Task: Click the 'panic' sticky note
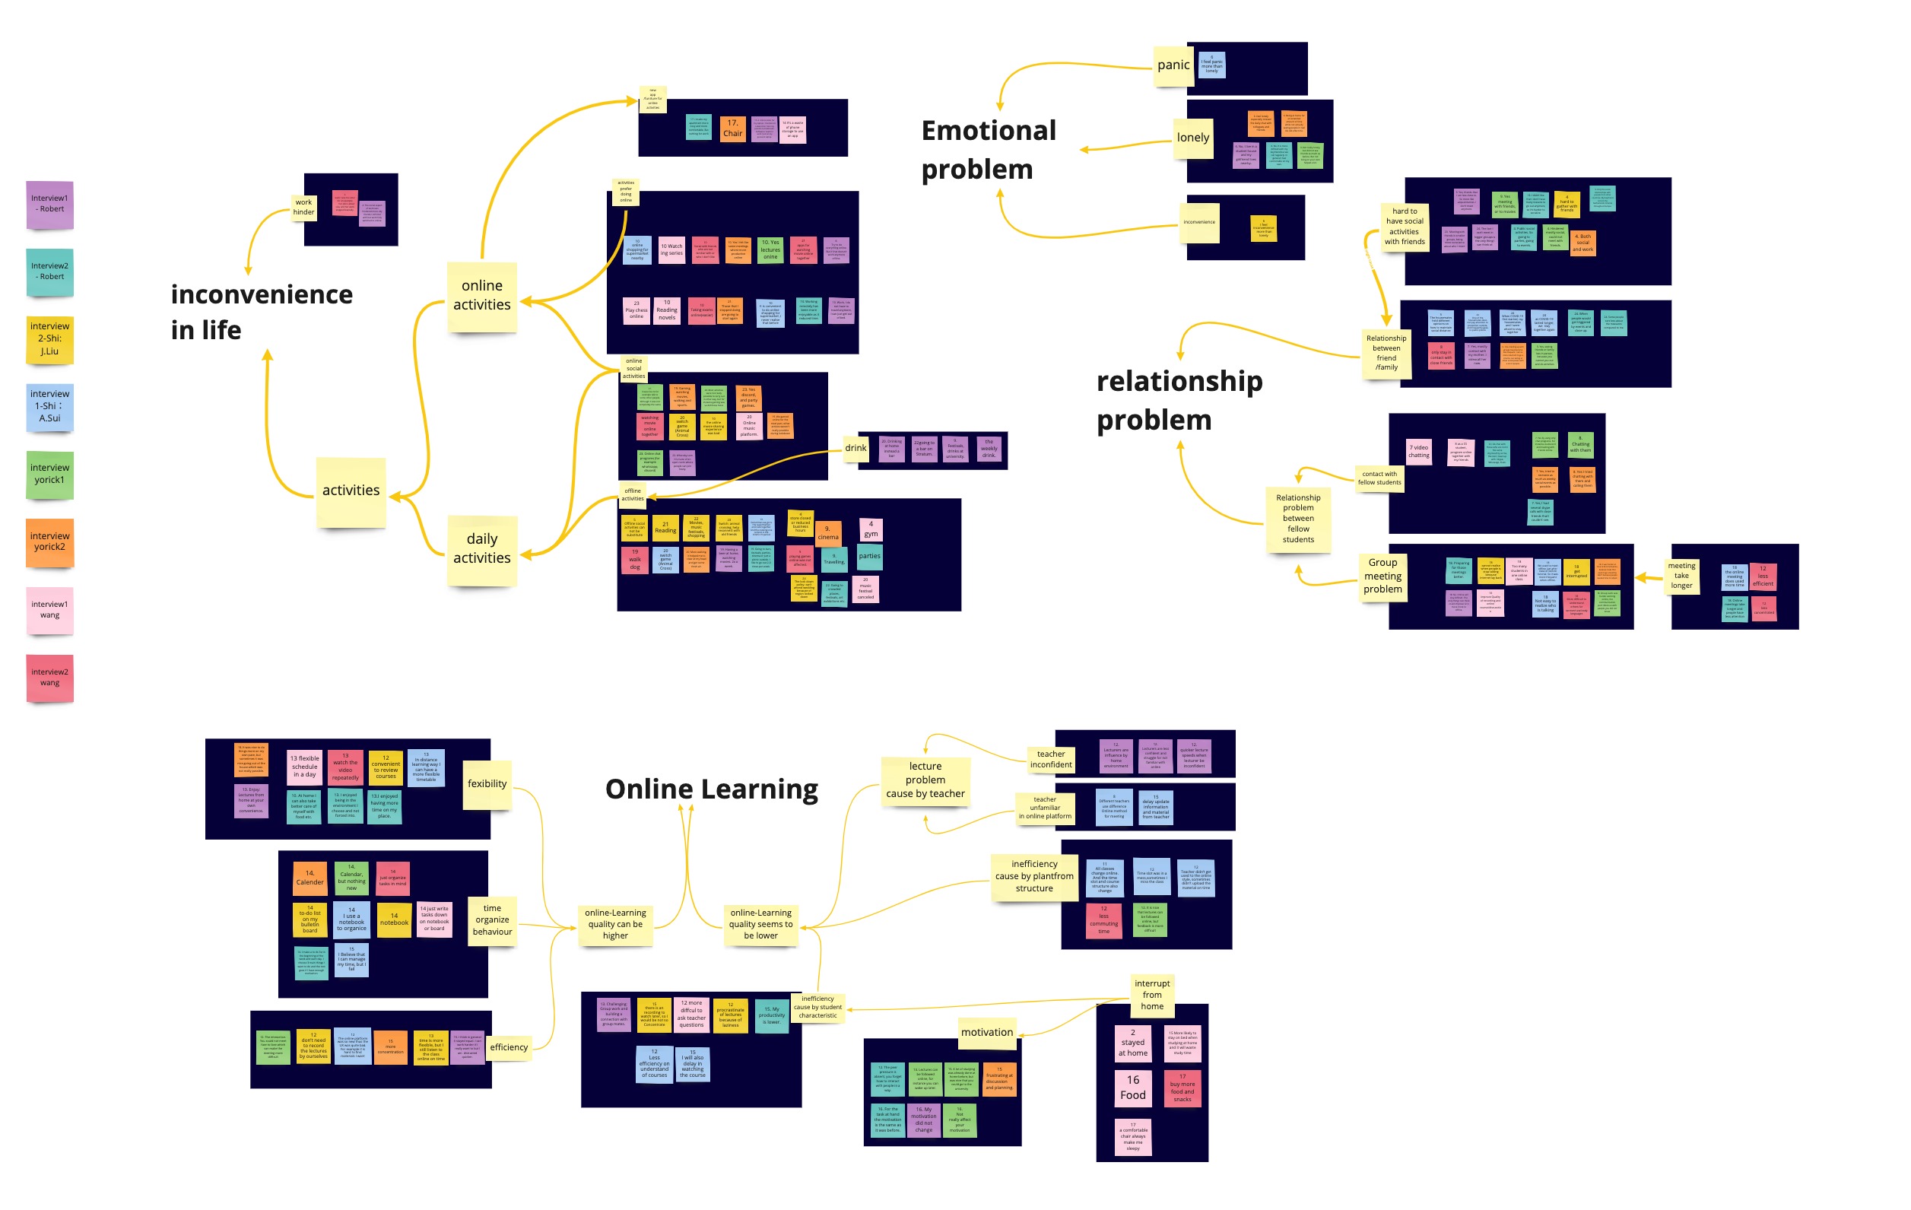1173,65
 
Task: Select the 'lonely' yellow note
1193,137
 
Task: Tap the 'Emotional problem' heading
988,149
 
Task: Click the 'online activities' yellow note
481,295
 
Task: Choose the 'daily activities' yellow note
481,548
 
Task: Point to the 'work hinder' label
304,207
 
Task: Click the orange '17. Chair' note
732,128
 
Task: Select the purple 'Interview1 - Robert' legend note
50,204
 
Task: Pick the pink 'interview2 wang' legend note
50,677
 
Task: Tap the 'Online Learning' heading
711,789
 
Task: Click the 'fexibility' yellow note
487,784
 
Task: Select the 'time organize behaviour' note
492,919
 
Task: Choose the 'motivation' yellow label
986,1032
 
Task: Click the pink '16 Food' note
1132,1087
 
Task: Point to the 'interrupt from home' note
1151,995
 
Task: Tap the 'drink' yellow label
856,448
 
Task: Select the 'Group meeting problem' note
1382,576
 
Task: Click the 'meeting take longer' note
1681,576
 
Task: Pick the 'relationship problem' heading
1179,400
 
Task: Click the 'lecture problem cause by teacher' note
925,780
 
